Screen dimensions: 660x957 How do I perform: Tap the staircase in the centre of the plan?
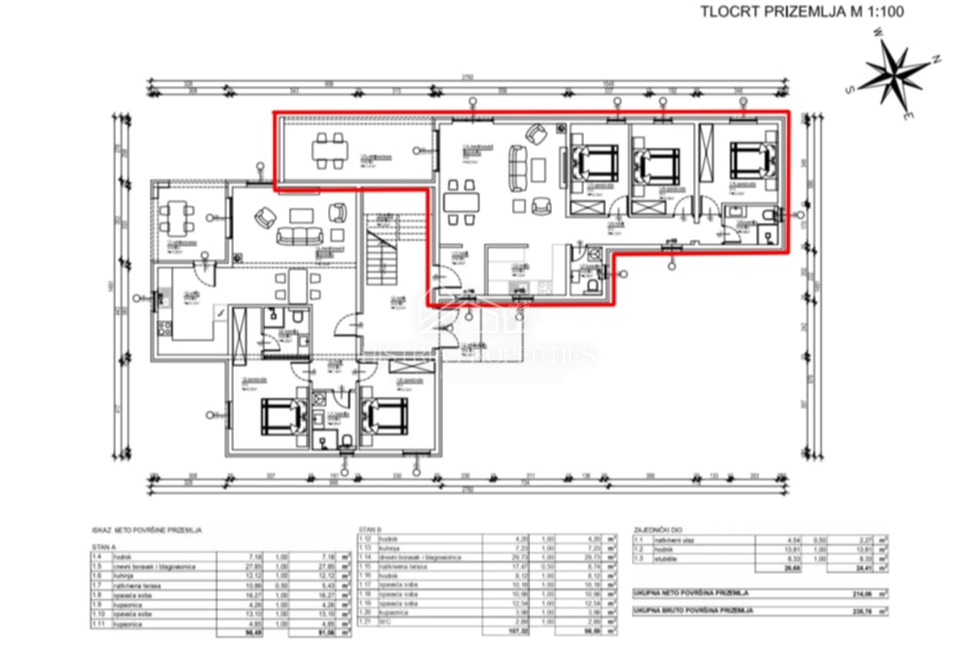pos(383,252)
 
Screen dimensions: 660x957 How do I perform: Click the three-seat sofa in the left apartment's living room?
pos(296,235)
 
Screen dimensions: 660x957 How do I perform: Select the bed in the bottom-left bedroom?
pos(282,414)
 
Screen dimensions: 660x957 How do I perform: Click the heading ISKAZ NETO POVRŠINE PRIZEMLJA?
pos(146,529)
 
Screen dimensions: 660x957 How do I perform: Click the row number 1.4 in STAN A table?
pos(97,556)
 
